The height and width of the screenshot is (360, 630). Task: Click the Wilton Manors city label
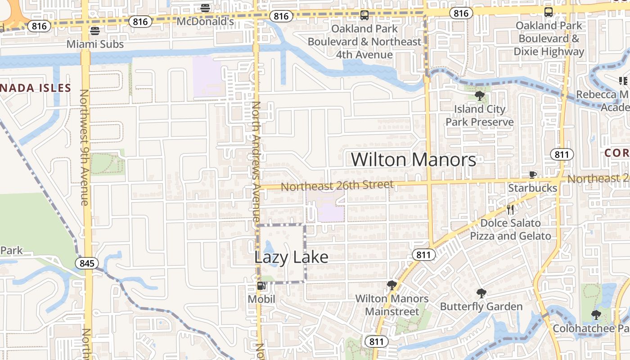413,160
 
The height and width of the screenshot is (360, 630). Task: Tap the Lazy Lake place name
291,257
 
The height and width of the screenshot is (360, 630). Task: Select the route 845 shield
86,263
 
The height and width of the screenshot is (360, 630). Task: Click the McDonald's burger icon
205,8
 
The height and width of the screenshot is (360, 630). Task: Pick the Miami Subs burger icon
94,31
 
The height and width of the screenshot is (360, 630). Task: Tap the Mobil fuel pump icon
261,286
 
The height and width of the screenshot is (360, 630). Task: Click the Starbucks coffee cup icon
533,175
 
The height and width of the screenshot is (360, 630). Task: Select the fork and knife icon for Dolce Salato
510,209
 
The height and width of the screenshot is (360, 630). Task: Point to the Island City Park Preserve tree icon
480,95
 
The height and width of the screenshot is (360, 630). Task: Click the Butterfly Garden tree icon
481,294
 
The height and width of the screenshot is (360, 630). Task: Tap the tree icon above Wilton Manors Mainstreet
391,285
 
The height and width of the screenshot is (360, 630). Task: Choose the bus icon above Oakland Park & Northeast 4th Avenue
364,15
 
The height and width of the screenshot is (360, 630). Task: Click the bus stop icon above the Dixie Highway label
549,12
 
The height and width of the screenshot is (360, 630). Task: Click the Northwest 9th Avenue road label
85,147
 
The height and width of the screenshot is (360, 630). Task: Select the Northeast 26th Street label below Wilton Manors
337,185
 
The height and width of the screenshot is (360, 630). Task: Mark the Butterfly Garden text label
481,307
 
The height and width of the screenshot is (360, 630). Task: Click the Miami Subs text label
95,44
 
